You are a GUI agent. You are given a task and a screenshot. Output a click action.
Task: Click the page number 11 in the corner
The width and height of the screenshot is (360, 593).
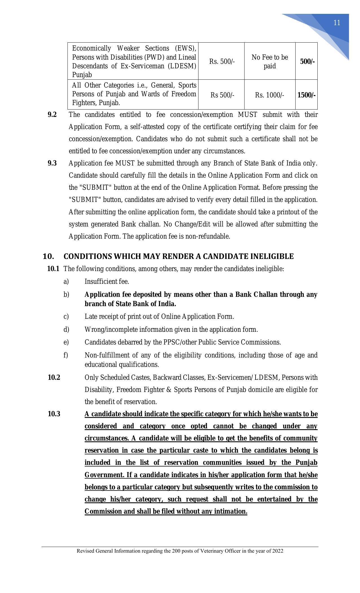tap(337, 23)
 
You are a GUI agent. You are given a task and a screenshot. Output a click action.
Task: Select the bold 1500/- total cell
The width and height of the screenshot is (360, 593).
tap(306, 95)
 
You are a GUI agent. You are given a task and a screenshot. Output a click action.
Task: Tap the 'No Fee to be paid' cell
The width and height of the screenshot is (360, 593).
tap(270, 62)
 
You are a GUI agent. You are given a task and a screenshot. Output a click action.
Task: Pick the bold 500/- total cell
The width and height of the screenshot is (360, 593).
tap(307, 62)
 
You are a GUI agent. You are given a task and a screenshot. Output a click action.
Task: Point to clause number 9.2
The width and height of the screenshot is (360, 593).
tap(52, 115)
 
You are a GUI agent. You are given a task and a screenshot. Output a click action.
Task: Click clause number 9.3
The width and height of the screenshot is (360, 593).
tap(52, 163)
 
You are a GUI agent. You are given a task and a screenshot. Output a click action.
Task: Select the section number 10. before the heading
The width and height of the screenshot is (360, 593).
tap(48, 256)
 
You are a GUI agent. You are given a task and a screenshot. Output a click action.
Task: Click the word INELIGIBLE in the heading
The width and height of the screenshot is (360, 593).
tap(272, 256)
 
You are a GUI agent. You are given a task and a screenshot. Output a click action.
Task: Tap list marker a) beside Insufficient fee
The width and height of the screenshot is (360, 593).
tap(66, 282)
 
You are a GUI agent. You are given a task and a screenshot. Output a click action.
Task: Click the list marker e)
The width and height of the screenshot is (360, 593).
tap(66, 342)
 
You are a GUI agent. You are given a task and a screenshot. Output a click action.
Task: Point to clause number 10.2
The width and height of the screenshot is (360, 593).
tap(54, 378)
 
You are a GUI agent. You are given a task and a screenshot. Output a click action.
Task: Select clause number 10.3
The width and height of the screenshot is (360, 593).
tap(54, 414)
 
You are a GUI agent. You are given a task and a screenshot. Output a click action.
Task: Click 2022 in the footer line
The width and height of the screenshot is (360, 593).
tap(278, 551)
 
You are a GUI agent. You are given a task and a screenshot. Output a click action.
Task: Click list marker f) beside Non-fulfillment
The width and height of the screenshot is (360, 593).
tap(66, 355)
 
